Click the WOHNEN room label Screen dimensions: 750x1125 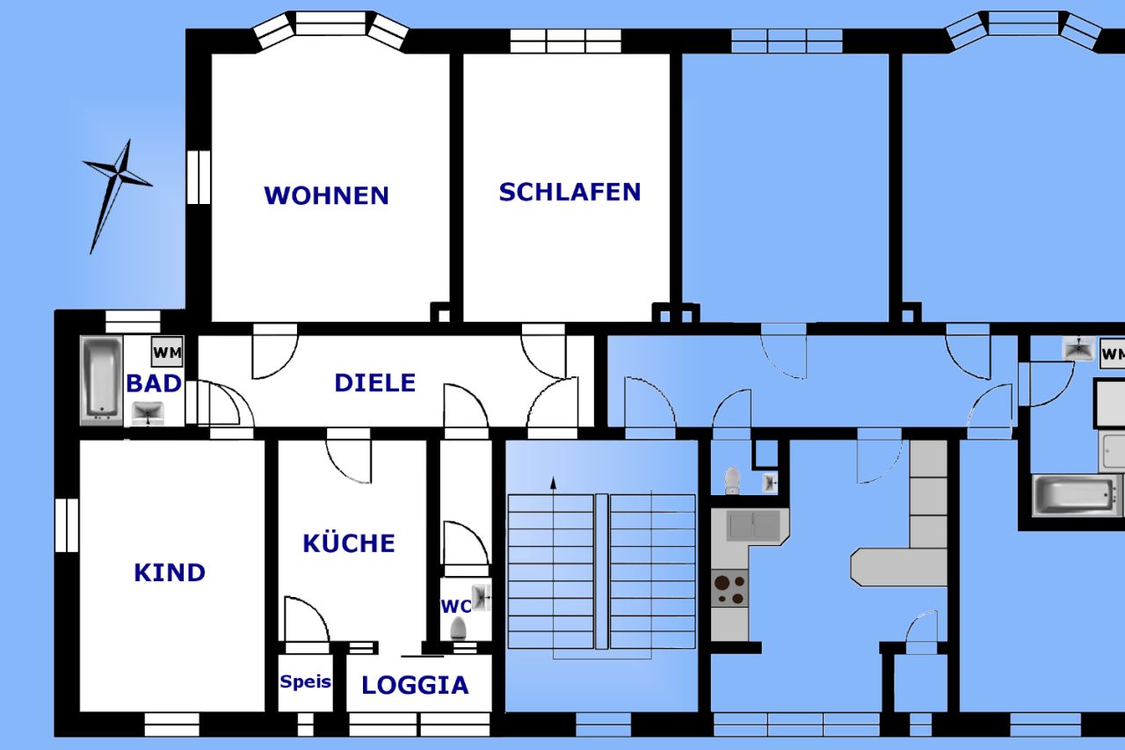[x=326, y=195]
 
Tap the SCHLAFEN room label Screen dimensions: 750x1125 [x=570, y=192]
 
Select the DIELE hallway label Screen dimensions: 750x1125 [x=374, y=382]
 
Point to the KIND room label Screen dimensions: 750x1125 [x=170, y=572]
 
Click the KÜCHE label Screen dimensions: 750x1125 [x=349, y=543]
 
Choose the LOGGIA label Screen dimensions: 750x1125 [x=415, y=686]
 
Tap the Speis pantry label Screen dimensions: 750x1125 [x=305, y=681]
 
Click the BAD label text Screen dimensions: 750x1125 [x=154, y=383]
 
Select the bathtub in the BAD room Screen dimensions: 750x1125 [x=101, y=378]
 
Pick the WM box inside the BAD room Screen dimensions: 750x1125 [x=167, y=353]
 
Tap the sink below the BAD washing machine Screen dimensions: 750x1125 [x=149, y=411]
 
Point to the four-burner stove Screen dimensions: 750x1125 [x=729, y=588]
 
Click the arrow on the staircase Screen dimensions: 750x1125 [x=553, y=482]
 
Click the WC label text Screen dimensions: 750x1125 [x=455, y=606]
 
